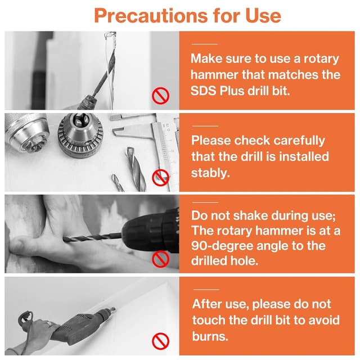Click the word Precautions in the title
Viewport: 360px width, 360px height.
151,16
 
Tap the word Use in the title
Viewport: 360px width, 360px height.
263,16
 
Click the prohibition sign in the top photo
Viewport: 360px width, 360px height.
161,96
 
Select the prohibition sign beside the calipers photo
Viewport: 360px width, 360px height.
161,178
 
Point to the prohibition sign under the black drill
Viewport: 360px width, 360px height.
161,259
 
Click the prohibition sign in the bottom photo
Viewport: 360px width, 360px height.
161,341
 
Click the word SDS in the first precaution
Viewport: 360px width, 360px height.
203,91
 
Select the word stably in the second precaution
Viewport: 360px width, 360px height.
210,173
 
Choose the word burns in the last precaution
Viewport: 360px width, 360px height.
210,336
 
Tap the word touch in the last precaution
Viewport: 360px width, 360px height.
209,320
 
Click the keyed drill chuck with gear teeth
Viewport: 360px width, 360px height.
80,135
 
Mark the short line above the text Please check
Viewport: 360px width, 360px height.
205,126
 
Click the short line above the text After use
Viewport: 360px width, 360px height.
206,290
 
